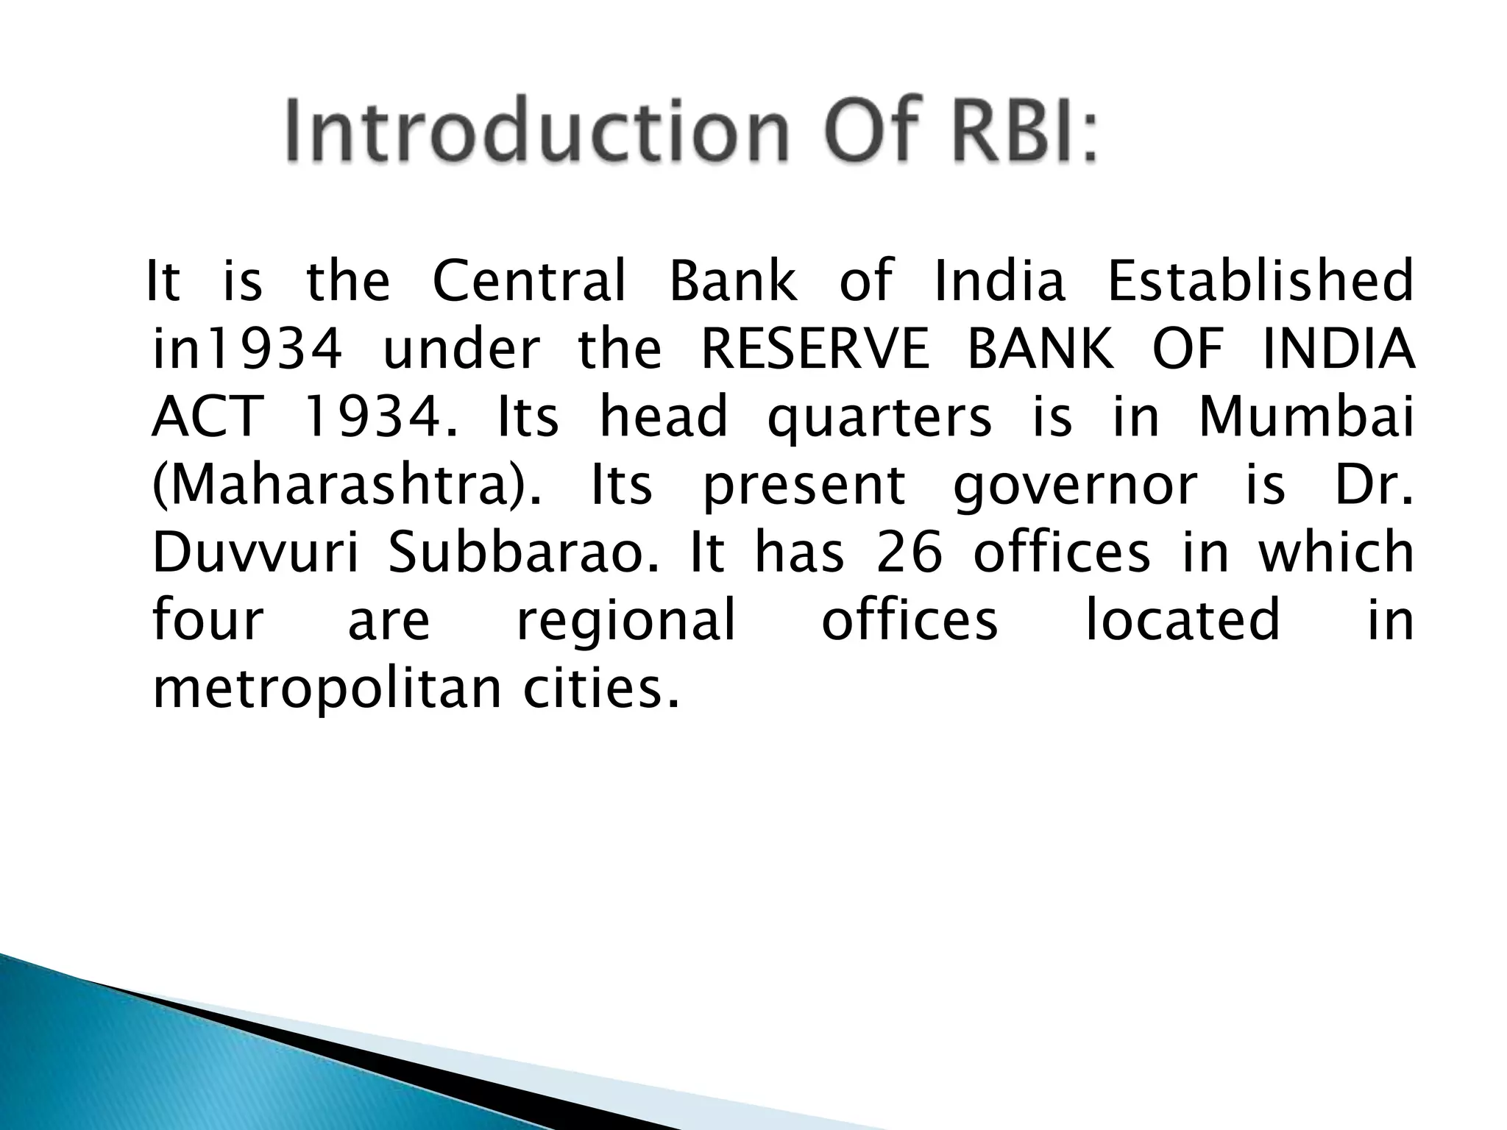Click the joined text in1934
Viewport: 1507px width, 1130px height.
pos(247,349)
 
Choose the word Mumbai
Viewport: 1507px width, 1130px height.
pos(1306,416)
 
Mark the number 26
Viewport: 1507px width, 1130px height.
pos(909,553)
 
